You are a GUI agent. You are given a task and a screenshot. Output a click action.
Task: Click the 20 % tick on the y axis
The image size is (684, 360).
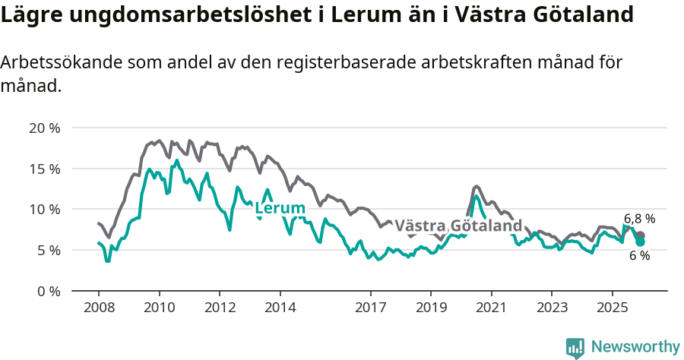(44, 128)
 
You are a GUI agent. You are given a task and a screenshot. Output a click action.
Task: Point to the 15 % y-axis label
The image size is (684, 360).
(44, 169)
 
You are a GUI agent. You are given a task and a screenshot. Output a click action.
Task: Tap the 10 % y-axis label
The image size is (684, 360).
(44, 209)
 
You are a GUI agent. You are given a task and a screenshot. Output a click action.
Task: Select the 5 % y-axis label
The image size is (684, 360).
(48, 250)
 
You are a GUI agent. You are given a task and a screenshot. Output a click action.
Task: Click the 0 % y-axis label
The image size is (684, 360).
(48, 291)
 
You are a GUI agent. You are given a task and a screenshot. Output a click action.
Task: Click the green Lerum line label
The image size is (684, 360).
(280, 208)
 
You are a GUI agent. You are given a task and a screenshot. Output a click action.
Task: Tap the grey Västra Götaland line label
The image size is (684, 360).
(458, 226)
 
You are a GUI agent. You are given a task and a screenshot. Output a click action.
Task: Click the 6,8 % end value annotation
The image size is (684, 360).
(639, 219)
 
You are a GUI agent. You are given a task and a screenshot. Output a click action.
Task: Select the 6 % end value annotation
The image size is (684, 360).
(639, 256)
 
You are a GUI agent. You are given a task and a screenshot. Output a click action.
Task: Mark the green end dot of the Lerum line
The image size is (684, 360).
(640, 242)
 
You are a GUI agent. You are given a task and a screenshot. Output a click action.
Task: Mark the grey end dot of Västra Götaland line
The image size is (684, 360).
(641, 235)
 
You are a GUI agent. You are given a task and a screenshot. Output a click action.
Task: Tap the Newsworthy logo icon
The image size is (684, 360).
(575, 347)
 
